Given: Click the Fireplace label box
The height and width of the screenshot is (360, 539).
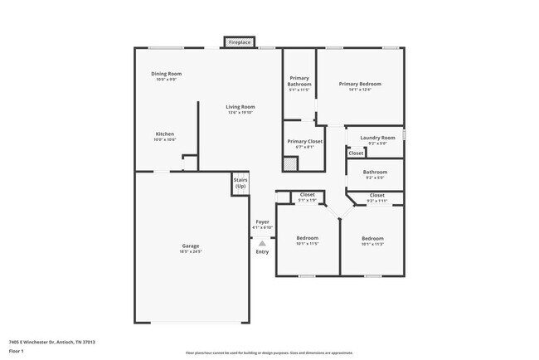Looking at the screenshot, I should pyautogui.click(x=240, y=41).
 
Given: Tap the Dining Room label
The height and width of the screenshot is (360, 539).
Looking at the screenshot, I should pyautogui.click(x=166, y=74).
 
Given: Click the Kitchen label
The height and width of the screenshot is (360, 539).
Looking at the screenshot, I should pyautogui.click(x=165, y=134).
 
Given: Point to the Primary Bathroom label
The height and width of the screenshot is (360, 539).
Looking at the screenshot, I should pyautogui.click(x=299, y=81).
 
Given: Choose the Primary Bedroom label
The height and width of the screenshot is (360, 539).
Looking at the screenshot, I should pyautogui.click(x=360, y=84).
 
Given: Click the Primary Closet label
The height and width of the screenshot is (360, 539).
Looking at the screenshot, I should pyautogui.click(x=304, y=141).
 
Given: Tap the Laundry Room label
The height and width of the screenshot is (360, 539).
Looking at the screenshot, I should pyautogui.click(x=376, y=138).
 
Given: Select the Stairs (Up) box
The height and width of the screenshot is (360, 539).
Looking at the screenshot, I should pyautogui.click(x=240, y=182).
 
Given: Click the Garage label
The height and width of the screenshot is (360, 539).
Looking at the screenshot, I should pyautogui.click(x=191, y=246).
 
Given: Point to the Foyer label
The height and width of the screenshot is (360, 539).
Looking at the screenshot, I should pyautogui.click(x=262, y=222).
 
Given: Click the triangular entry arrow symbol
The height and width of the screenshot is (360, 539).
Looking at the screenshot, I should pyautogui.click(x=262, y=243).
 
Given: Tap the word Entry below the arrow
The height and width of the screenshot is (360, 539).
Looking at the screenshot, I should pyautogui.click(x=262, y=251).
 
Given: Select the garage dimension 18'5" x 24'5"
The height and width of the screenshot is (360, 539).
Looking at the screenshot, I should pyautogui.click(x=191, y=251).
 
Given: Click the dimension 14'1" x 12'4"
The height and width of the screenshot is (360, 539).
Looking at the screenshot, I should pyautogui.click(x=360, y=90).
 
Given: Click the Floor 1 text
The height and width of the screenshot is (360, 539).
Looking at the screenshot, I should pyautogui.click(x=17, y=351).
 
